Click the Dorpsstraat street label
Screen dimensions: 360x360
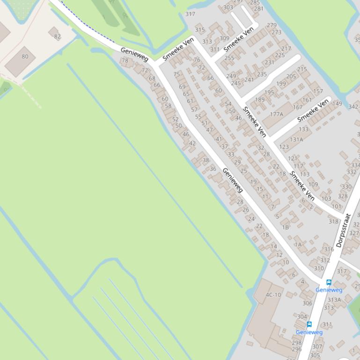[x=343, y=230]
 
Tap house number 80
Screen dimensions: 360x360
[x=25, y=57]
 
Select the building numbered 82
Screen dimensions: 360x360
[x=57, y=36]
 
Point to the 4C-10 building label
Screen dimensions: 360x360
[x=273, y=295]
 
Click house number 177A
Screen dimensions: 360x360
[x=276, y=114]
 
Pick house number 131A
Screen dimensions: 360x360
[x=296, y=139]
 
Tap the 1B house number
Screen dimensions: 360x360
[x=285, y=227]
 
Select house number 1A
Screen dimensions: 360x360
[x=298, y=245]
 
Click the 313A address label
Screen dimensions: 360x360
[x=334, y=300]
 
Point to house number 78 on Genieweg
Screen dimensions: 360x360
[x=125, y=60]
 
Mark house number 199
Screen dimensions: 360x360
[x=281, y=84]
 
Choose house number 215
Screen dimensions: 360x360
[x=302, y=69]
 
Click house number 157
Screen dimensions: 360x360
[x=318, y=91]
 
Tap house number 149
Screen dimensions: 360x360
[x=337, y=104]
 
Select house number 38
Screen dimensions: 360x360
[x=206, y=160]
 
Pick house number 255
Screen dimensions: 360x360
[x=229, y=58]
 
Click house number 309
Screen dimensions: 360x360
[x=224, y=38]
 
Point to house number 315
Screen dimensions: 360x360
[x=200, y=29]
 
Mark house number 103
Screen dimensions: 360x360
[x=326, y=199]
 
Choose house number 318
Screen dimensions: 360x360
[x=333, y=222]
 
